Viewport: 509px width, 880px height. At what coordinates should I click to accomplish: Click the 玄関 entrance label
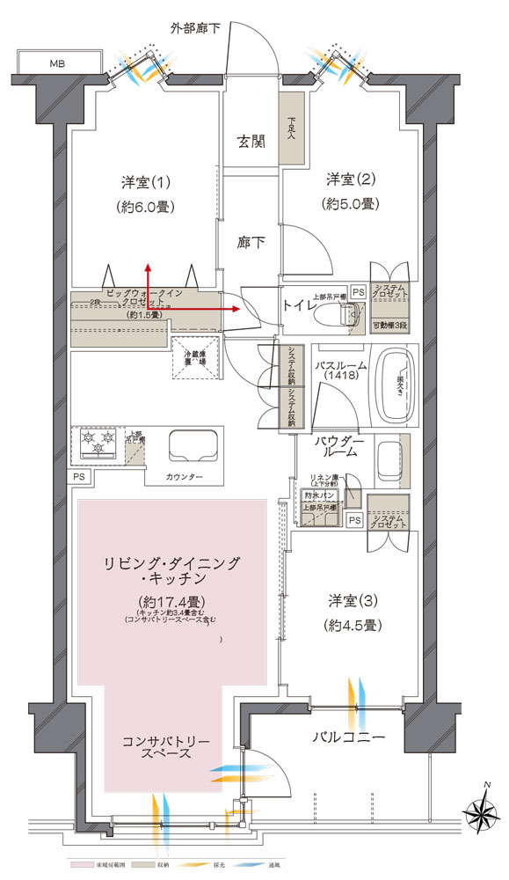pyautogui.click(x=251, y=141)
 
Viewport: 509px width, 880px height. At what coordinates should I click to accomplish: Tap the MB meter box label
pyautogui.click(x=57, y=63)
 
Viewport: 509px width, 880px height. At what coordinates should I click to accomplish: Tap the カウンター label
pyautogui.click(x=184, y=476)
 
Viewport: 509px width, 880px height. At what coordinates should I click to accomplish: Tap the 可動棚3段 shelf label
pyautogui.click(x=387, y=326)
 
